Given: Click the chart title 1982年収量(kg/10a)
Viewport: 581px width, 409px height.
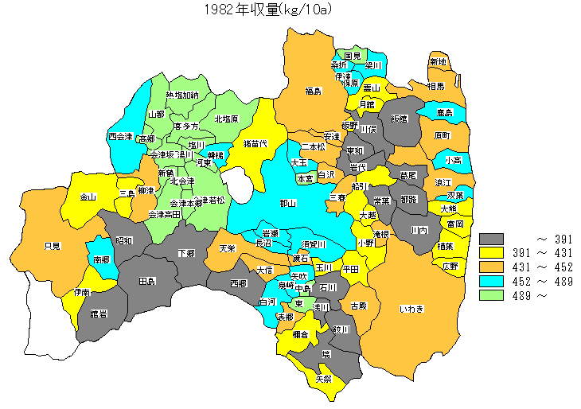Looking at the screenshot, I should tap(267, 10).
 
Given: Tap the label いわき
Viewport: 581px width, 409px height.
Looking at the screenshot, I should tap(413, 308).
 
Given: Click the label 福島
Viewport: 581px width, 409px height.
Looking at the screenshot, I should tap(313, 92).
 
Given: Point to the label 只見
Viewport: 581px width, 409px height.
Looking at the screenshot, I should tap(52, 246).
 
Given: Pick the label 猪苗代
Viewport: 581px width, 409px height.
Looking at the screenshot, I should tap(255, 143).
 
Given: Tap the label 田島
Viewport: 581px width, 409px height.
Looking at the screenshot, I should tap(147, 282).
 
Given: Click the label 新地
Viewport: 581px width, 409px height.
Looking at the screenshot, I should tap(439, 62).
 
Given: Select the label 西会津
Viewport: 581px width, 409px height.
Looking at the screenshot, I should tap(121, 136).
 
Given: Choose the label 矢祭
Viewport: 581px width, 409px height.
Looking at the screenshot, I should tap(324, 379).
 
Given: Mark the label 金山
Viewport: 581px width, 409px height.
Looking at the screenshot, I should tap(88, 197).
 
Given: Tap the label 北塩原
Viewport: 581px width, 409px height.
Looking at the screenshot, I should tap(225, 119).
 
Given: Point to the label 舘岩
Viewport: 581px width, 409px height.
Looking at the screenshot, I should tap(99, 314).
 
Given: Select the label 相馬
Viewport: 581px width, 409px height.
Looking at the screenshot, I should tap(435, 85).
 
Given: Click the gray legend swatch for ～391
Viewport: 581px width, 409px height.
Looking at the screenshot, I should tap(492, 239).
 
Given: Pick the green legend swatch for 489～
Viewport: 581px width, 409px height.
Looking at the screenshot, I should tap(492, 296).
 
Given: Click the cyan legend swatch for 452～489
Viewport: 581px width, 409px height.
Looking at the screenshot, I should tap(492, 282).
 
